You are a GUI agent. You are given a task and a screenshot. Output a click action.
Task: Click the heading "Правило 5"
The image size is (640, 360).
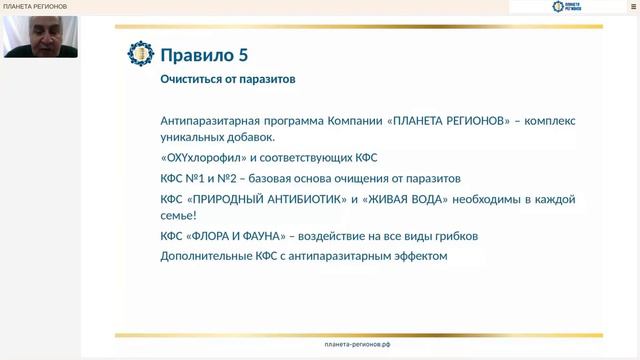(205, 54)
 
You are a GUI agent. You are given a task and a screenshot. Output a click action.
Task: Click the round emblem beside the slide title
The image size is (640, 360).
(141, 54)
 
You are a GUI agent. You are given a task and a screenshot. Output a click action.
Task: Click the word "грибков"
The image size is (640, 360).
(456, 236)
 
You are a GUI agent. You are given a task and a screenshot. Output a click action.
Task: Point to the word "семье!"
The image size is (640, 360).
(179, 215)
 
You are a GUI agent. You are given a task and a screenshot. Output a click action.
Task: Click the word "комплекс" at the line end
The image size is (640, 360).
(547, 121)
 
